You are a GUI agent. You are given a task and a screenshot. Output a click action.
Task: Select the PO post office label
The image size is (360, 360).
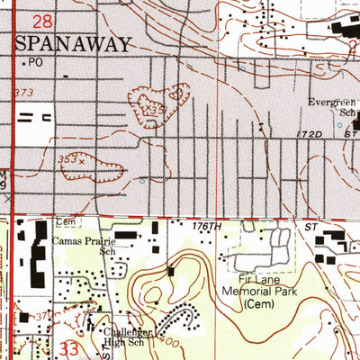35,62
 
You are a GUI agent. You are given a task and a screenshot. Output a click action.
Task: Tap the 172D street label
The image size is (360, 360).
315,133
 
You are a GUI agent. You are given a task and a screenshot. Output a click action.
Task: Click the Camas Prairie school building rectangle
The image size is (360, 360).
126,235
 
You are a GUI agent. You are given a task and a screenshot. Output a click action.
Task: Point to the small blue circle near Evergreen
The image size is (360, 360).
339,125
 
